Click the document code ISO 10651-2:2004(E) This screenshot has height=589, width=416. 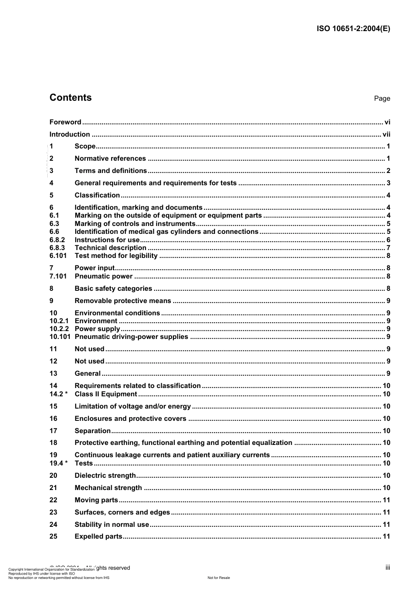[353, 29]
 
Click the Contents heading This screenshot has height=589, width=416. [71, 98]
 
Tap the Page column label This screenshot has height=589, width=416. [382, 99]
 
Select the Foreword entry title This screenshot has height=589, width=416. [65, 122]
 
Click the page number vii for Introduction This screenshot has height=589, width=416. [386, 134]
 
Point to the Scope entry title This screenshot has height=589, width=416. [85, 146]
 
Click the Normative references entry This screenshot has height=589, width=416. [110, 159]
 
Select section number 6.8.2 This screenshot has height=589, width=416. [57, 240]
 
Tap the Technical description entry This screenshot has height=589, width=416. [110, 248]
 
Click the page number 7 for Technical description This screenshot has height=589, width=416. [388, 248]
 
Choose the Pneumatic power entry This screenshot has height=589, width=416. [103, 276]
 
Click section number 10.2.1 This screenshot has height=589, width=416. [59, 321]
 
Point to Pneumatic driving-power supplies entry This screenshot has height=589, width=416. [131, 337]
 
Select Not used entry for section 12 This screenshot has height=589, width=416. [89, 361]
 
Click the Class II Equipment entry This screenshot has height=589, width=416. [106, 394]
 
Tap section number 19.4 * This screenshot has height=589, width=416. [58, 463]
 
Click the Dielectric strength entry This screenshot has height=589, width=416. [105, 476]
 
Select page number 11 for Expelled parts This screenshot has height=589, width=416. [386, 536]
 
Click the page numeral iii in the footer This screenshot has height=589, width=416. [388, 568]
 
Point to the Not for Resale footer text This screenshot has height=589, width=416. [219, 578]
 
